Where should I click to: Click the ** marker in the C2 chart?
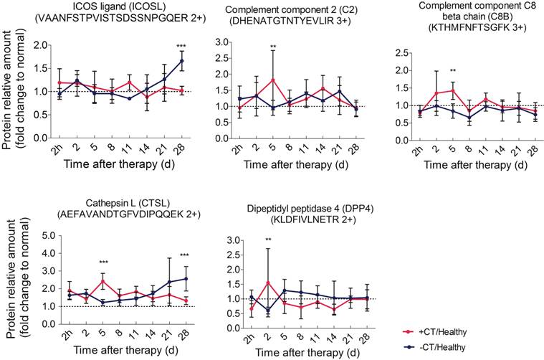pyautogui.click(x=272, y=48)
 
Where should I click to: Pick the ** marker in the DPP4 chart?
pyautogui.click(x=267, y=240)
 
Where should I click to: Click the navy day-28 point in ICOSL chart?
pyautogui.click(x=181, y=61)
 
